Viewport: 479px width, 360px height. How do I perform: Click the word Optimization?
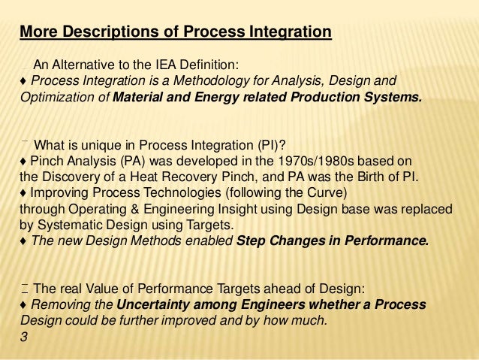pyautogui.click(x=52, y=97)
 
